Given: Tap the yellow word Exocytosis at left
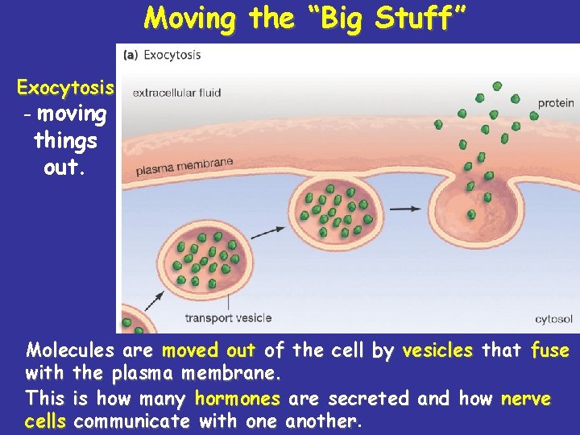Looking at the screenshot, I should (65, 87).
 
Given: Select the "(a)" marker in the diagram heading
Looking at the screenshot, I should (130, 56).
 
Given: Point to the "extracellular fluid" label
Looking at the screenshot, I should (176, 93).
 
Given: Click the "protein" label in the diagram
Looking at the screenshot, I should (556, 103).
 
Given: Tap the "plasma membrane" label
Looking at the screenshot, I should (184, 167).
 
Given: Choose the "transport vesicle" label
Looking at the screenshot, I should (228, 318).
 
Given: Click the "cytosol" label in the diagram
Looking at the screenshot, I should (553, 320).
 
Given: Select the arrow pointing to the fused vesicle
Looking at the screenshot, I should (403, 209).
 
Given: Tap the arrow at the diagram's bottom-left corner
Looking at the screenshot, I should (154, 302).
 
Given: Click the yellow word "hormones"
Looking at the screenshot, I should (237, 399).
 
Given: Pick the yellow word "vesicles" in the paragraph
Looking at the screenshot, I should (437, 350).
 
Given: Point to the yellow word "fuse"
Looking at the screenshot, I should (549, 350).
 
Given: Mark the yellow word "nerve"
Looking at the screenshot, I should (525, 399).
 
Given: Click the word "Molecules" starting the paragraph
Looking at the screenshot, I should (71, 350).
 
